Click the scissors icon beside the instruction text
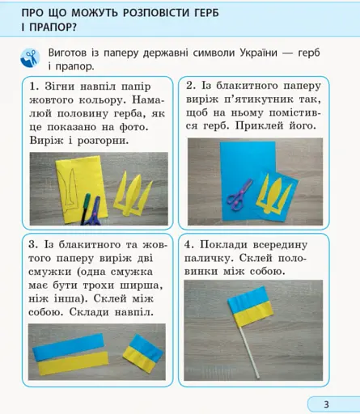tap(31, 57)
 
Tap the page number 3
tap(326, 403)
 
